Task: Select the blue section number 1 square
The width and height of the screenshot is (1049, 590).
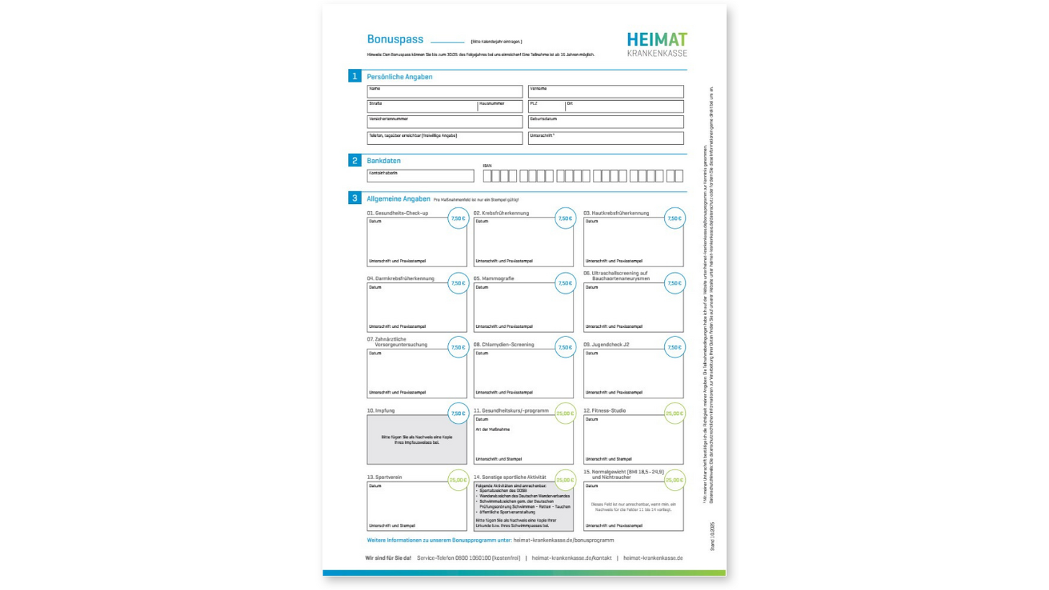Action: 354,76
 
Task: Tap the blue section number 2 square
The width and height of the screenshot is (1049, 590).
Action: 354,161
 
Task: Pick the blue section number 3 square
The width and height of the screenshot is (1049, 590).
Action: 354,197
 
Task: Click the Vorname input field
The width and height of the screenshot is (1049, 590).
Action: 605,91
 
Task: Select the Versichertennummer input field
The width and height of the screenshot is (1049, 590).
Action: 445,122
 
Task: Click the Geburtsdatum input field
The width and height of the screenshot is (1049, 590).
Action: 605,122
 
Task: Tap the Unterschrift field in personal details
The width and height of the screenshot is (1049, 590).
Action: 605,138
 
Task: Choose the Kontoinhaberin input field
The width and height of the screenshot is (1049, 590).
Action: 421,176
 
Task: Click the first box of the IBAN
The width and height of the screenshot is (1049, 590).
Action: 487,176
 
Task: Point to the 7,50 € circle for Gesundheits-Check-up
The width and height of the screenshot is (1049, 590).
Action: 457,218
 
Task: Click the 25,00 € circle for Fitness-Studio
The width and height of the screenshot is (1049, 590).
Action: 674,414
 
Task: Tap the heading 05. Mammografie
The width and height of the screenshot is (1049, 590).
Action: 494,278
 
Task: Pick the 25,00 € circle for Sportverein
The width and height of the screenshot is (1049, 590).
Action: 458,480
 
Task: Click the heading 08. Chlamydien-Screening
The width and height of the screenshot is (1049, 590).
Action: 504,344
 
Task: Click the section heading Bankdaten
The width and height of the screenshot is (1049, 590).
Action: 384,161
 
